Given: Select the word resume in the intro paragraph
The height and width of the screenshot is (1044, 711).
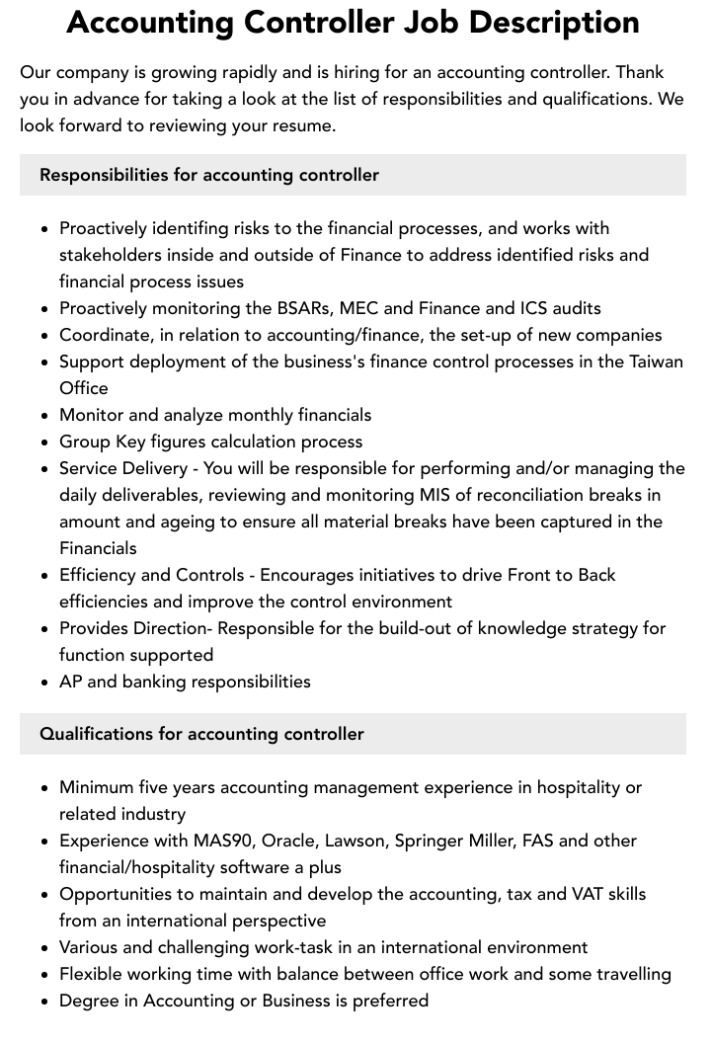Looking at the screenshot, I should pos(304,125).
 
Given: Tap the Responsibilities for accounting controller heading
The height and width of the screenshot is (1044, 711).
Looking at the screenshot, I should pos(209,175).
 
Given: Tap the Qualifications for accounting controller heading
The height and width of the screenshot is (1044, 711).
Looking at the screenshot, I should pos(201,734).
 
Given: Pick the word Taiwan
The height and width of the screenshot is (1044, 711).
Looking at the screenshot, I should pos(656,361).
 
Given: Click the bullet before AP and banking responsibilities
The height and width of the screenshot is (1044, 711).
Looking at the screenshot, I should pos(44,683).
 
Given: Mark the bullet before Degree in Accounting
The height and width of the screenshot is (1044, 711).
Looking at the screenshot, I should pos(44,1002).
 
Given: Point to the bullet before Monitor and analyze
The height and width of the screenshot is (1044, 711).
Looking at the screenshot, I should pos(44,416).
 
